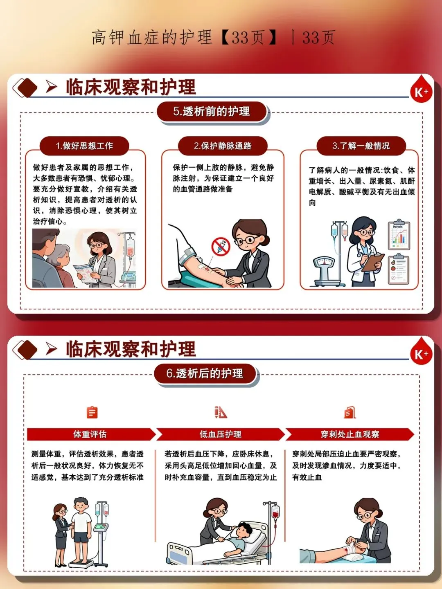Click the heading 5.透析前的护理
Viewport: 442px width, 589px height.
[x=212, y=111]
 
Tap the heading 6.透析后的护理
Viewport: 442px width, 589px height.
[x=205, y=373]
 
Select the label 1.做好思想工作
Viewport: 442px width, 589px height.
[x=84, y=146]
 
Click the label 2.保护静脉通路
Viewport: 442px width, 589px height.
[x=223, y=146]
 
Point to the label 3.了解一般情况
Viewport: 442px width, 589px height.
[x=361, y=146]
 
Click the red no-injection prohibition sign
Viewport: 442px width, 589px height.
[x=221, y=246]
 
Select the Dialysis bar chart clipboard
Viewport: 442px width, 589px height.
[x=399, y=235]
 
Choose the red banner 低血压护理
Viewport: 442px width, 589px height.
[x=220, y=434]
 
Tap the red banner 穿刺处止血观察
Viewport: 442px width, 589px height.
[x=350, y=434]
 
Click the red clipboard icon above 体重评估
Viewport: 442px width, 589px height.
[x=92, y=412]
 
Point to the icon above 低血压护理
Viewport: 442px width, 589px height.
[x=221, y=412]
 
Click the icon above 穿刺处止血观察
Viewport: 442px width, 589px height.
[x=350, y=412]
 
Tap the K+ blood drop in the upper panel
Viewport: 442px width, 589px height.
[x=422, y=89]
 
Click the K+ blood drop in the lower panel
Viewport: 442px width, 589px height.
[x=422, y=351]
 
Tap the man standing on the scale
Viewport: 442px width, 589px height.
[x=81, y=528]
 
